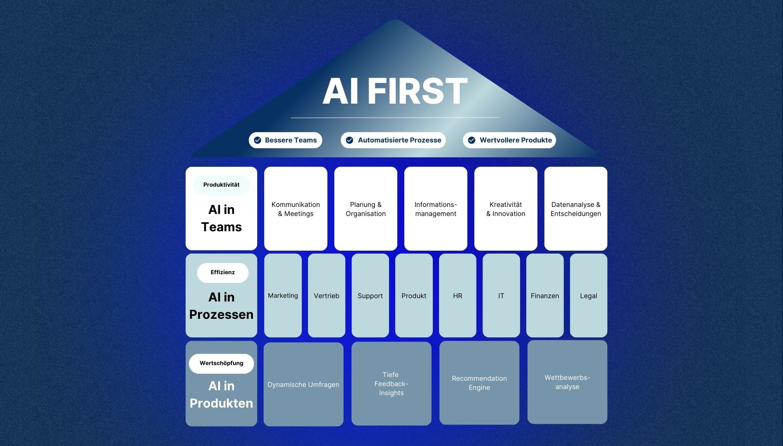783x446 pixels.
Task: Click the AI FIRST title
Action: click(x=395, y=91)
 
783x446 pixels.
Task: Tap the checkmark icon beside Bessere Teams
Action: click(x=258, y=140)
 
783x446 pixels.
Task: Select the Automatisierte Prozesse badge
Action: click(x=393, y=140)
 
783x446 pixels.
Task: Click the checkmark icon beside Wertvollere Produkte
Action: click(x=472, y=140)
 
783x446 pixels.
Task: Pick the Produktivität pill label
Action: click(x=221, y=185)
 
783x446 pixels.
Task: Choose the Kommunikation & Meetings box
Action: click(x=296, y=209)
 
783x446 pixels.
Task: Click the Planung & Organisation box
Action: click(x=365, y=209)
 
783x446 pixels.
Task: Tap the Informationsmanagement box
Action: click(x=436, y=209)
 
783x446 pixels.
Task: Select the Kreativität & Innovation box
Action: click(x=506, y=209)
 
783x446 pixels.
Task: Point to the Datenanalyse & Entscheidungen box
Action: click(x=575, y=209)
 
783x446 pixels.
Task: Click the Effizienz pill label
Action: click(x=222, y=273)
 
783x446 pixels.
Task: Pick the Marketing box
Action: click(x=283, y=296)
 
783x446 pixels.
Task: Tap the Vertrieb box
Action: click(x=327, y=296)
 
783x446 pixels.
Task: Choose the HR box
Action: click(x=458, y=296)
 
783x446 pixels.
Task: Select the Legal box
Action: click(x=588, y=296)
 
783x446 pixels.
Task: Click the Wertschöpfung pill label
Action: click(x=221, y=363)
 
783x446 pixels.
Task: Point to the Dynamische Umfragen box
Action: click(x=303, y=384)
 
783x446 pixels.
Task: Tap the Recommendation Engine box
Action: click(x=479, y=383)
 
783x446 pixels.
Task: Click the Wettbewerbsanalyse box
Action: click(x=567, y=382)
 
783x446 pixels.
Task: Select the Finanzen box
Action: click(x=545, y=296)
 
